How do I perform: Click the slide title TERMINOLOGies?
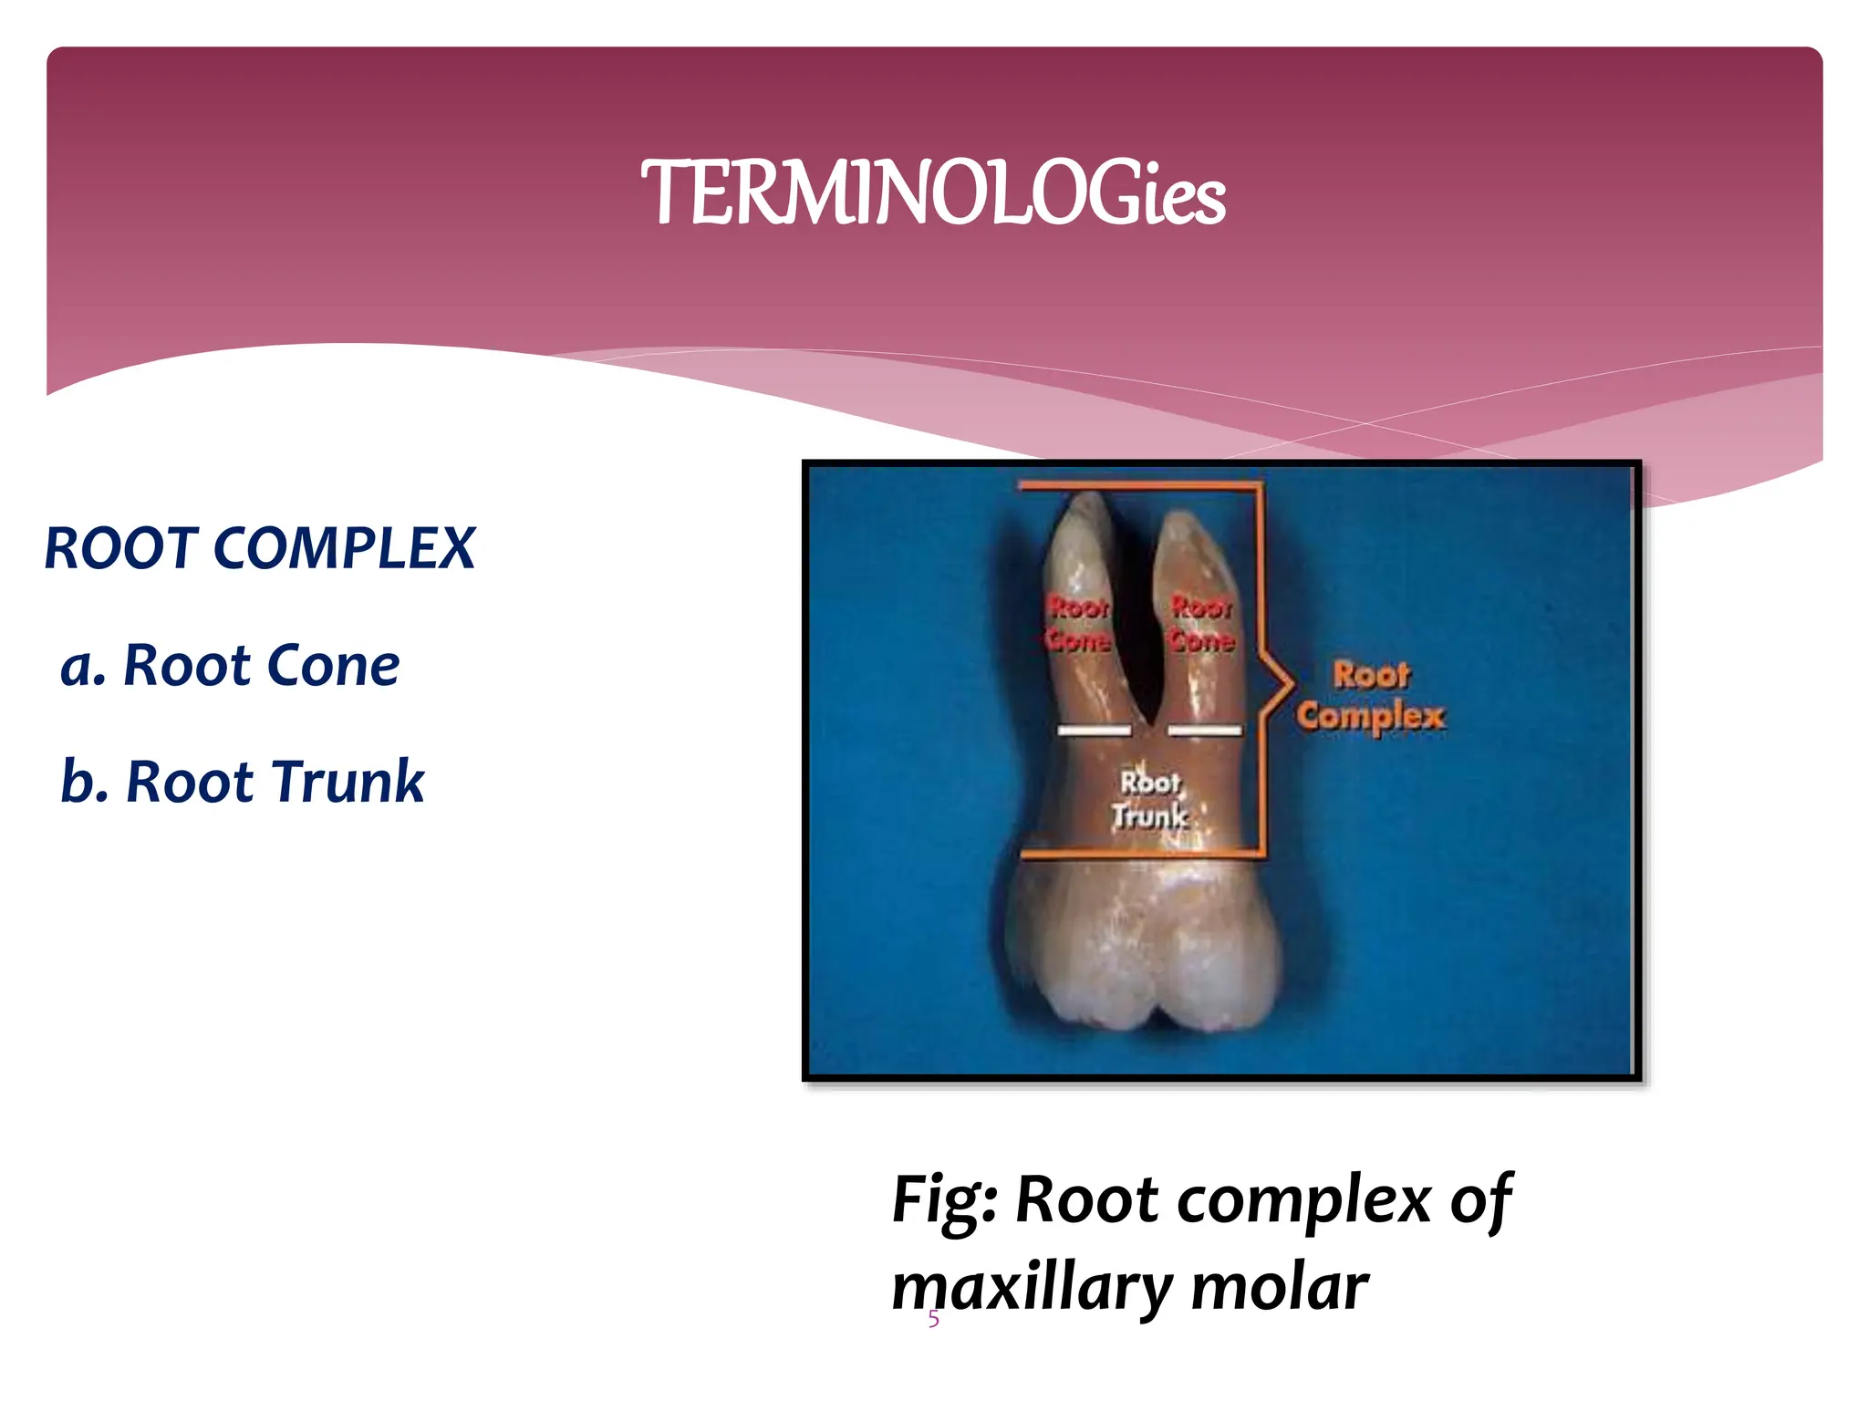(x=933, y=193)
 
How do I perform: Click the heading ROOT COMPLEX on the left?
(x=260, y=549)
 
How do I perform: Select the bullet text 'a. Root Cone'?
(x=230, y=665)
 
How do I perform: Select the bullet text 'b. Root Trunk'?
(x=243, y=782)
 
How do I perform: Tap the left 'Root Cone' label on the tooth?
(x=1078, y=624)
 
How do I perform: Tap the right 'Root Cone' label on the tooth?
(x=1201, y=624)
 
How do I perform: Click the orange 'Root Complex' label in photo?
(x=1371, y=697)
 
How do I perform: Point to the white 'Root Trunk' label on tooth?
(x=1150, y=800)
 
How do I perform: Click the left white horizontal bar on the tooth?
(x=1094, y=730)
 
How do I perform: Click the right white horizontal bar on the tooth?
(x=1204, y=730)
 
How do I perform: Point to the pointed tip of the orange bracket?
(x=1292, y=681)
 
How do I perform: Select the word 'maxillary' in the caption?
(x=1032, y=1289)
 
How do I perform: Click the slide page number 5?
(x=933, y=1319)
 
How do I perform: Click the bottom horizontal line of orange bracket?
(x=1140, y=856)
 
